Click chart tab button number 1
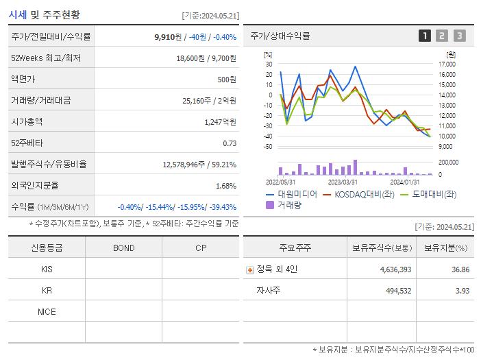click(425, 36)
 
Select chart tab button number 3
click(459, 36)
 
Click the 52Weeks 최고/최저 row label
click(46, 58)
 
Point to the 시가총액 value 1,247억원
click(220, 122)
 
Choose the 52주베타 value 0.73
click(230, 143)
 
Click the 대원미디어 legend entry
click(291, 194)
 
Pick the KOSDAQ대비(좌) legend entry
click(360, 194)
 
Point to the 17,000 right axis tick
click(447, 64)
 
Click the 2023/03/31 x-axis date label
click(343, 182)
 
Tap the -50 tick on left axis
click(268, 147)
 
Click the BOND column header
click(123, 248)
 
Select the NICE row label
click(47, 311)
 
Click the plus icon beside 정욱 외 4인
click(249, 269)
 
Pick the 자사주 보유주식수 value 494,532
click(395, 291)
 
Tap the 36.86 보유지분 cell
click(460, 269)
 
